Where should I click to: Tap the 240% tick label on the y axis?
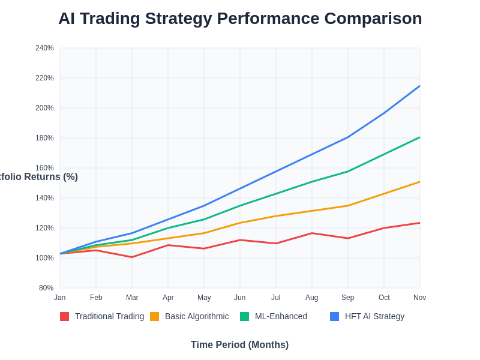[x=44, y=48]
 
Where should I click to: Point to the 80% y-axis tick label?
[x=46, y=288]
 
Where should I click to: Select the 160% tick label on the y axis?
[x=44, y=168]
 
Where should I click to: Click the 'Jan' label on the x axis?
[x=60, y=298]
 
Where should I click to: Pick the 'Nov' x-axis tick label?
[x=419, y=298]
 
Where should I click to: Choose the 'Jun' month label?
[x=240, y=298]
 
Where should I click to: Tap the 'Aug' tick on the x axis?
[x=312, y=298]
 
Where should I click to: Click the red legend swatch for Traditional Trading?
[x=64, y=316]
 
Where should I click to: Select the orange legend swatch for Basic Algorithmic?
[x=154, y=316]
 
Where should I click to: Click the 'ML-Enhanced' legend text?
[x=281, y=316]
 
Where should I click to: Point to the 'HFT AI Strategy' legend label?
[x=374, y=316]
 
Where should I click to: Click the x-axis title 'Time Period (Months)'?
[x=239, y=345]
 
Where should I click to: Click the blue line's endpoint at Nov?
[x=419, y=86]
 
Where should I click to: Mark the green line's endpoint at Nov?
[x=419, y=137]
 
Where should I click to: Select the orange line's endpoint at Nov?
[x=419, y=182]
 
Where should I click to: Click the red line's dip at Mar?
[x=132, y=257]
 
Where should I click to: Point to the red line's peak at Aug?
[x=312, y=233]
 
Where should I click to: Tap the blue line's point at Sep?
[x=348, y=137]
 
